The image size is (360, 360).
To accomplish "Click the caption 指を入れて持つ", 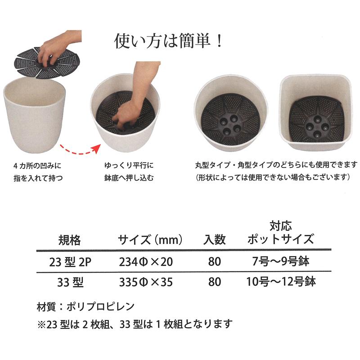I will pyautogui.click(x=38, y=177).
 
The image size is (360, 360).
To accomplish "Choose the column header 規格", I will pyautogui.click(x=69, y=240).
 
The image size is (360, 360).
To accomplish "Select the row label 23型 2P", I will pyautogui.click(x=70, y=261).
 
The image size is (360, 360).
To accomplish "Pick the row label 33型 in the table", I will pyautogui.click(x=70, y=283).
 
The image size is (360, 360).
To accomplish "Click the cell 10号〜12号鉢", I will pyautogui.click(x=281, y=282).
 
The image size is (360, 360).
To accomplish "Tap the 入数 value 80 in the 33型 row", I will pyautogui.click(x=215, y=283).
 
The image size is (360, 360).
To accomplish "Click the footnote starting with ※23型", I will pyautogui.click(x=135, y=323).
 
